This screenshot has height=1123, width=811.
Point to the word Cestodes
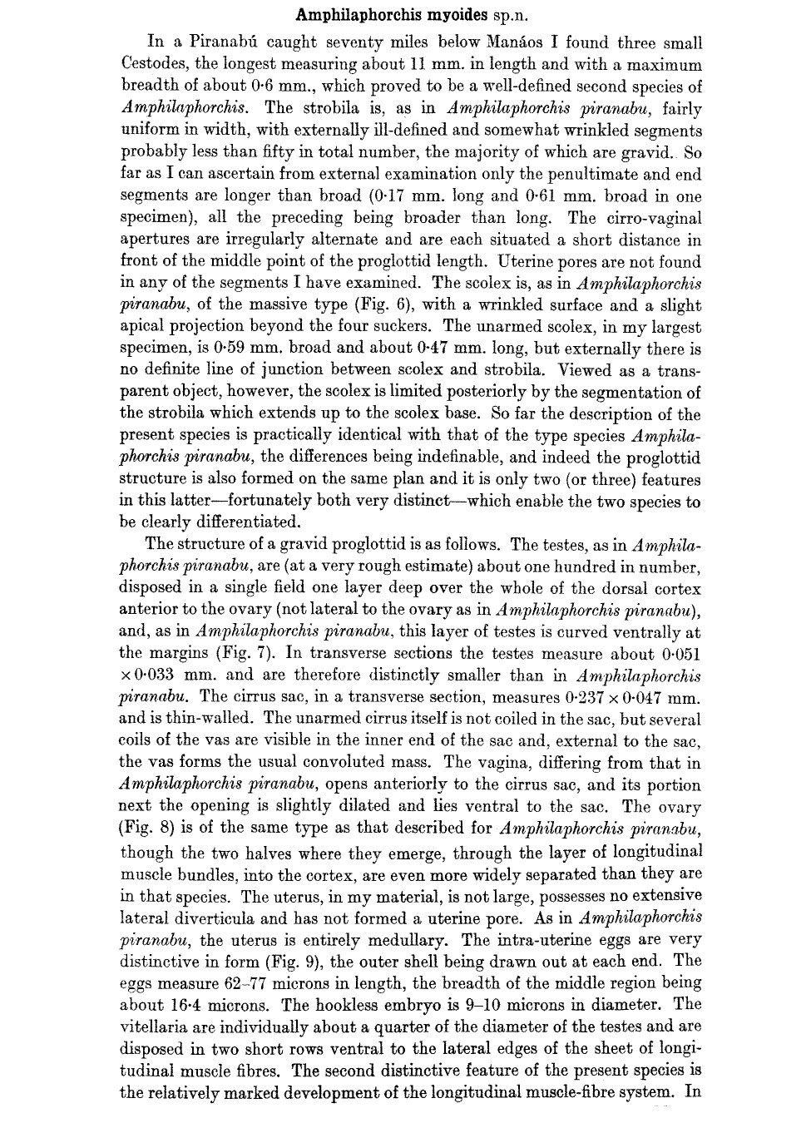point(156,65)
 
